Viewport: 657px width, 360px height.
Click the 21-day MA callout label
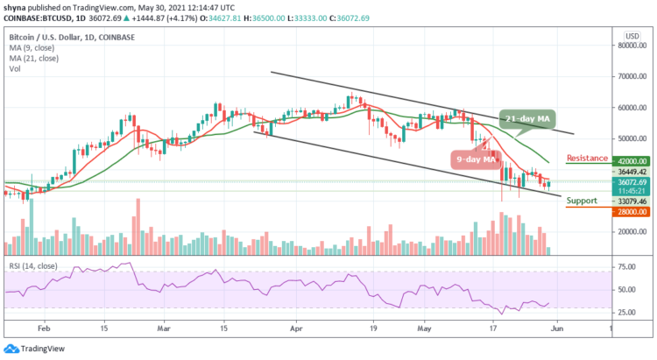coord(532,119)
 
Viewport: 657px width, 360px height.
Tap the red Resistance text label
coord(588,158)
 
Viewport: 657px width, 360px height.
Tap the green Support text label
coord(582,201)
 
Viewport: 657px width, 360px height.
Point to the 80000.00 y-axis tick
coord(630,46)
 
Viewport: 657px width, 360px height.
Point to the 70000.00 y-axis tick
coord(630,76)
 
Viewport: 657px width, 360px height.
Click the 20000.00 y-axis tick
coord(630,232)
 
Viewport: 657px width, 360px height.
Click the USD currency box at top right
coord(629,35)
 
